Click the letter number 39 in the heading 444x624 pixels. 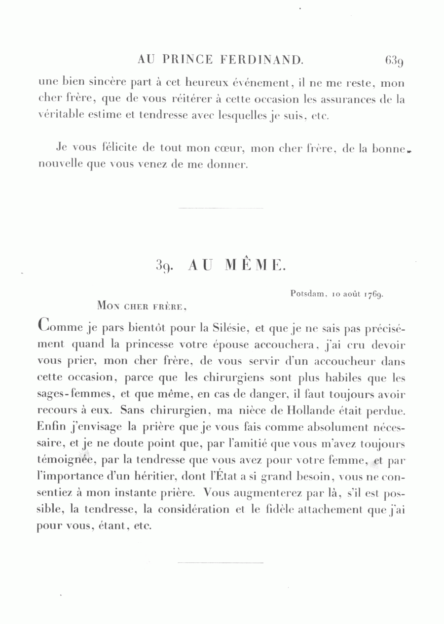pyautogui.click(x=163, y=266)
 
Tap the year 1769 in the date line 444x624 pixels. pyautogui.click(x=374, y=295)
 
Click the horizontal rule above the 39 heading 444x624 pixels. pyautogui.click(x=221, y=208)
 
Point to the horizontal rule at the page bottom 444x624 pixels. pyautogui.click(x=221, y=562)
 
